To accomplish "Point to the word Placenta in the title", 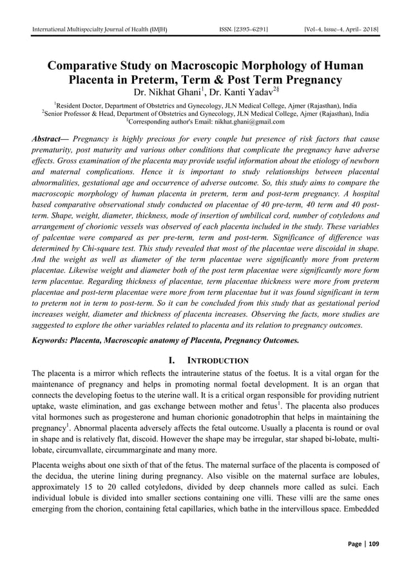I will pyautogui.click(x=95, y=81).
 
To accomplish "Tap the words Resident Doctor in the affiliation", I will pyautogui.click(x=80, y=105).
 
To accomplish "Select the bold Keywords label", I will pyautogui.click(x=53, y=338).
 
